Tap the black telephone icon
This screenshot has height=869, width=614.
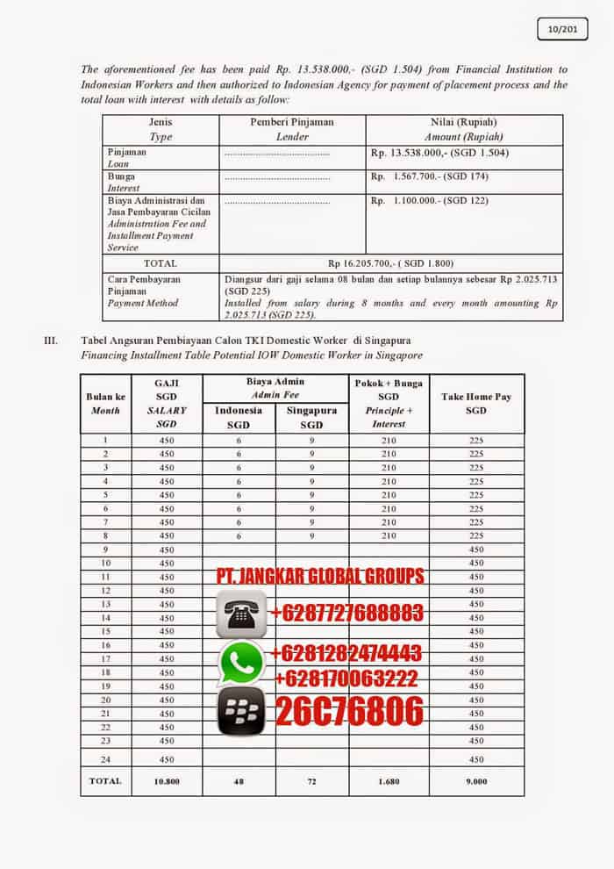pyautogui.click(x=239, y=612)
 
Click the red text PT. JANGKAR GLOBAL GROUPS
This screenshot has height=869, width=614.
pyautogui.click(x=321, y=577)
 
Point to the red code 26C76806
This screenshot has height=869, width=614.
pyautogui.click(x=349, y=712)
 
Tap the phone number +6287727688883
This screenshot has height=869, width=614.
pyautogui.click(x=348, y=612)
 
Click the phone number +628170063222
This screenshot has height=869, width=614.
pyautogui.click(x=346, y=679)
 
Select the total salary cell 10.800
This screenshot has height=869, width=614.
pyautogui.click(x=167, y=780)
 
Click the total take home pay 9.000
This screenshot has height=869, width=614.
pyautogui.click(x=476, y=780)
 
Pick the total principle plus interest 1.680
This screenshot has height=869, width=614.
pyautogui.click(x=389, y=780)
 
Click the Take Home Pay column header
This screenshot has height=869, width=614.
pyautogui.click(x=476, y=403)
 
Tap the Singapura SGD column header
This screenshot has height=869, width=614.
pyautogui.click(x=311, y=417)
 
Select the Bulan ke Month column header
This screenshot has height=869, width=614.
pyautogui.click(x=105, y=403)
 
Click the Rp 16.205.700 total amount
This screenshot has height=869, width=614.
pyautogui.click(x=390, y=262)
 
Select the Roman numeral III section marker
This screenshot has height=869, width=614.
pyautogui.click(x=51, y=340)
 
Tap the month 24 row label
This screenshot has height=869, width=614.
pyautogui.click(x=105, y=759)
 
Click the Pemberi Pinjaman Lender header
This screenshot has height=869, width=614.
pyautogui.click(x=292, y=129)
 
